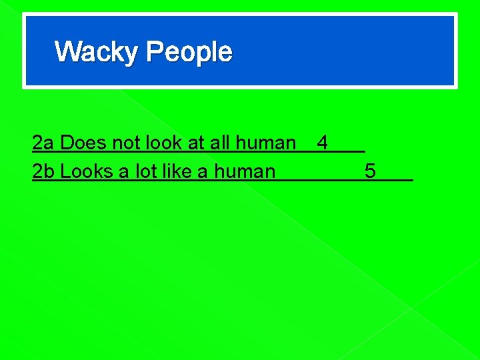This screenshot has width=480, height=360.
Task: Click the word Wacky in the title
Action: pos(97,52)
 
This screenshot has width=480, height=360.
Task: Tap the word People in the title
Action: pos(189,52)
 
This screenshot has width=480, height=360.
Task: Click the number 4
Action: pos(323,143)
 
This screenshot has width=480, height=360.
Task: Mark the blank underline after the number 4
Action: pos(347,151)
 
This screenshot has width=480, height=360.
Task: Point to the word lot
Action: pos(143,171)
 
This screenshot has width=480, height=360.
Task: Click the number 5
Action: pos(370,171)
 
